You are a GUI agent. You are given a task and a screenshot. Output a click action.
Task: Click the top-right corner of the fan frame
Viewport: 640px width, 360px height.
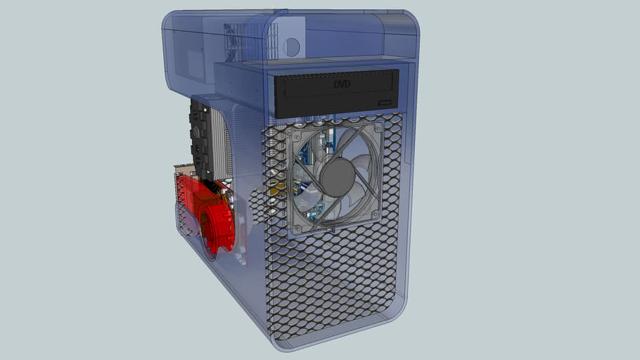point(380,125)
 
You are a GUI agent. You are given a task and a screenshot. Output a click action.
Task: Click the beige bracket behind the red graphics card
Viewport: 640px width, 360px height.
point(181,172)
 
